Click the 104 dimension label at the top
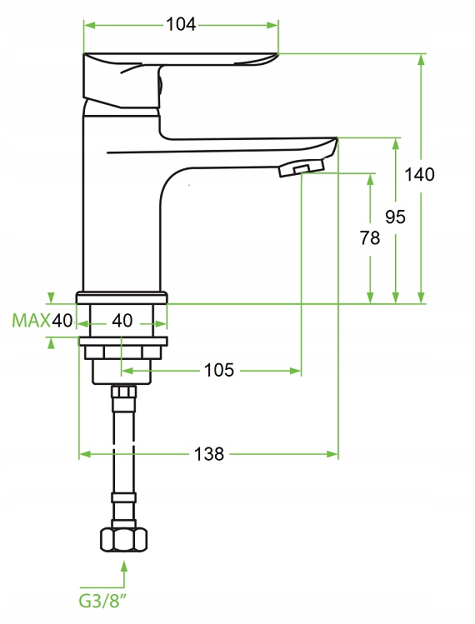point(181,25)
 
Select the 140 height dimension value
point(419,174)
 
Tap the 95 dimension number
point(395,217)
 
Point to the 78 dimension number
point(370,238)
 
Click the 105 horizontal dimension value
point(219,371)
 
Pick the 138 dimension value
point(209,454)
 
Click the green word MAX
point(31,321)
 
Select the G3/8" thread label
point(99,601)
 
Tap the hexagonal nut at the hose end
point(124,540)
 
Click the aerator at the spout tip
point(302,167)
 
